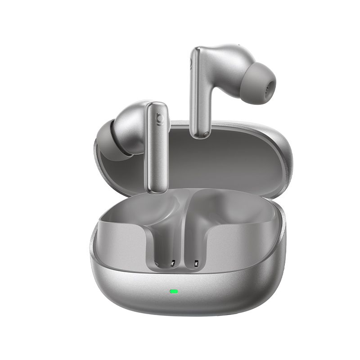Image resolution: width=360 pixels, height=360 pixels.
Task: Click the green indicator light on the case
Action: (173, 291)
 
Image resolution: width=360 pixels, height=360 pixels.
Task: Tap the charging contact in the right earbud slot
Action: (196, 264)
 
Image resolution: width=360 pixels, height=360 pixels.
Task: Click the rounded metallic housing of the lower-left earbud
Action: (130, 119)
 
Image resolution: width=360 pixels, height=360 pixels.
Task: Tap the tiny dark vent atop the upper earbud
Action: (234, 45)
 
